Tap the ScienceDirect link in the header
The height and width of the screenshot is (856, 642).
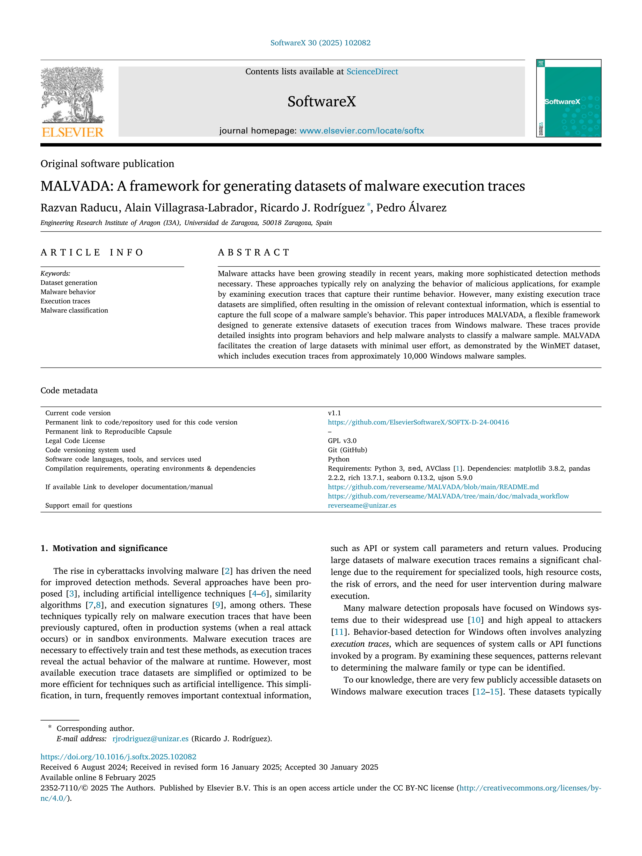(372, 72)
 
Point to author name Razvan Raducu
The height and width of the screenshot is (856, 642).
(79, 208)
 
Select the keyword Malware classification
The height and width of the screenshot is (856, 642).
(74, 310)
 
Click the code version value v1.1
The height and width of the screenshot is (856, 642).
(334, 413)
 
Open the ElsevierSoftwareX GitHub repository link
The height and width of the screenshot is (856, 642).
(418, 422)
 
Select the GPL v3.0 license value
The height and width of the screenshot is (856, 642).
(342, 441)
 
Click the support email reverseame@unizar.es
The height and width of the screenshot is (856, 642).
(362, 506)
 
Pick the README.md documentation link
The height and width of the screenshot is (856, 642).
(433, 487)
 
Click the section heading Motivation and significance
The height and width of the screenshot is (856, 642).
(110, 548)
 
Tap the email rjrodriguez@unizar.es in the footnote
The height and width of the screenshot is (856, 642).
(150, 739)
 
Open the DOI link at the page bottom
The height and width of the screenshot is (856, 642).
(118, 757)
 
